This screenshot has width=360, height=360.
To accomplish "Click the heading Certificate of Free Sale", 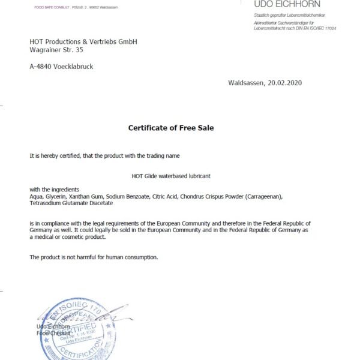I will coord(171,127).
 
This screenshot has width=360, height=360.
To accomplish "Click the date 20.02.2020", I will coord(284,83).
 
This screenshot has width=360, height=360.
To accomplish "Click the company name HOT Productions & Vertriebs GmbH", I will coord(83,41).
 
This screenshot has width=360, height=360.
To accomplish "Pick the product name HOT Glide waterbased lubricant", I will coord(171,176).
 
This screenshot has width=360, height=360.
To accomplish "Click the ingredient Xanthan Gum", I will coord(91,196).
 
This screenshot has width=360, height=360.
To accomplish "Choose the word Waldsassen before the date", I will coord(246,83).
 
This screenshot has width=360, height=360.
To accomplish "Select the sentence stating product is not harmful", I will coord(94,257).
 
